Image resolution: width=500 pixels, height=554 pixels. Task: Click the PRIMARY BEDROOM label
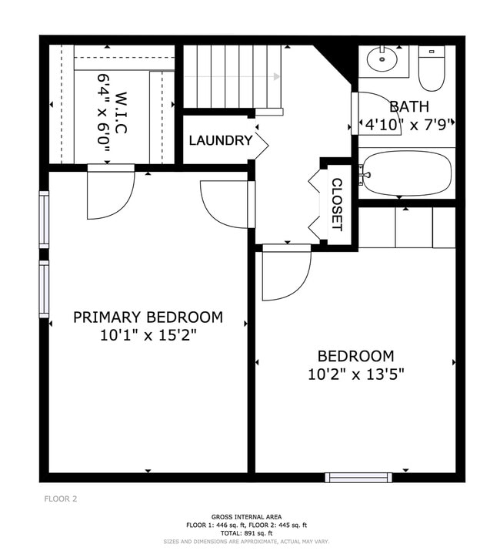coord(148,317)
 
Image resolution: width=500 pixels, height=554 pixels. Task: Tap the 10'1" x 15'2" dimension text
coord(148,335)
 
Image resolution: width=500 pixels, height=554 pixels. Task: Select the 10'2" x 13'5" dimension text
coord(355,374)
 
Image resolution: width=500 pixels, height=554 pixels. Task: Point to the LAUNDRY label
coord(220,140)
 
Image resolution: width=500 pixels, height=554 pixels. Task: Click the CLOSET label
coord(336,205)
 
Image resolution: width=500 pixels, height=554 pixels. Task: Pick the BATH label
coord(408,106)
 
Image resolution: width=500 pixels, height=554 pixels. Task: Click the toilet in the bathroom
coord(431,69)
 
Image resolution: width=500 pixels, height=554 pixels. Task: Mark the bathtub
coord(407,173)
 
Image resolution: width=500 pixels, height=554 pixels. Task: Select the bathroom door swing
coord(376,113)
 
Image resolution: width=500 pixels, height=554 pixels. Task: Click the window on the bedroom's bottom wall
coord(358,478)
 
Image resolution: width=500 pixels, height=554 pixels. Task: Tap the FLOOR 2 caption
coord(59,499)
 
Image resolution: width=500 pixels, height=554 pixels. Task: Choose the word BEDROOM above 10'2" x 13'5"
coord(355,356)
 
